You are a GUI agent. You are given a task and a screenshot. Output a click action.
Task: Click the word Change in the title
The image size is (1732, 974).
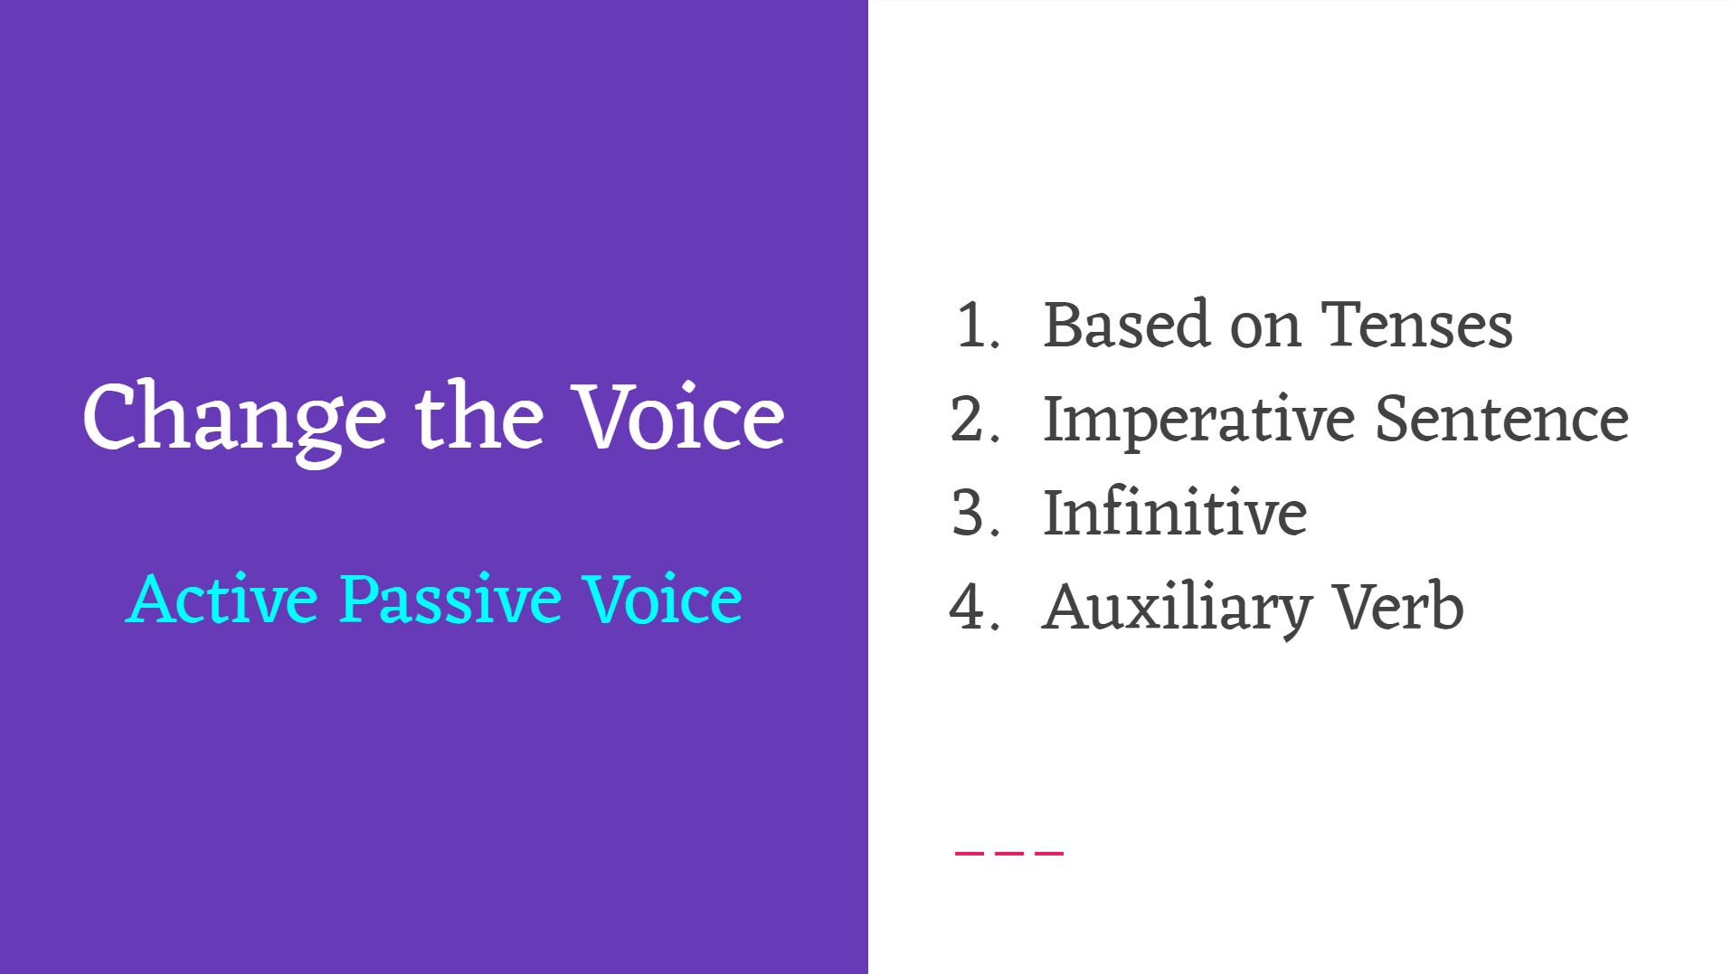tap(233, 418)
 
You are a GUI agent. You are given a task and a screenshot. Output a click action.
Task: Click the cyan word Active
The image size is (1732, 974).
tap(222, 599)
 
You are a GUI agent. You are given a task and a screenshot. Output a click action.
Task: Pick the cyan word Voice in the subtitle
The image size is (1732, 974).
tap(662, 599)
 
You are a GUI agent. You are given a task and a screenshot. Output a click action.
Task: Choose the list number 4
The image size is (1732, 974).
tap(973, 607)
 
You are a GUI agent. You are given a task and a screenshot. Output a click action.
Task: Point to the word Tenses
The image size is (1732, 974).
tap(1416, 326)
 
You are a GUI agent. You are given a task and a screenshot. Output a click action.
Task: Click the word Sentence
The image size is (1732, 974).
tap(1501, 420)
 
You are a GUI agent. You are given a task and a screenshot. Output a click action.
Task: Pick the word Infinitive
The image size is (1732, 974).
tap(1175, 514)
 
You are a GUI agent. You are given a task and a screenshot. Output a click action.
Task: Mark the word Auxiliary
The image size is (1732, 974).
tap(1177, 609)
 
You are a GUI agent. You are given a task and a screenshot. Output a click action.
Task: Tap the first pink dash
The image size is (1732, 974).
tap(969, 852)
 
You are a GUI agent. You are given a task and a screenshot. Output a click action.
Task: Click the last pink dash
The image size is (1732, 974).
tap(1049, 852)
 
